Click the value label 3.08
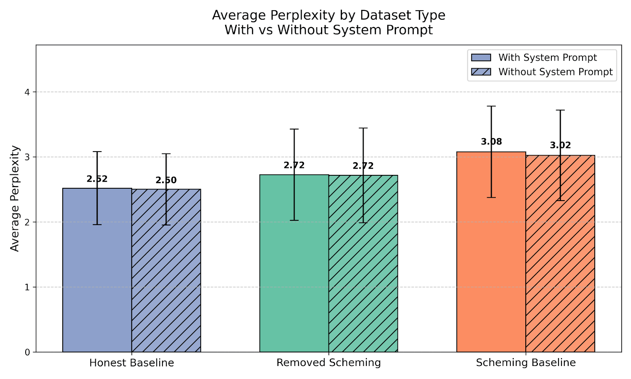[x=491, y=142]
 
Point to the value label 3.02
[x=560, y=145]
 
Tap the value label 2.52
[x=97, y=179]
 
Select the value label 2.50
[x=166, y=180]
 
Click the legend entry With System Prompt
[x=547, y=58]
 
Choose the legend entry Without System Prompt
[x=555, y=72]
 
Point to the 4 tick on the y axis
[x=27, y=92]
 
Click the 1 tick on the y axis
[x=27, y=287]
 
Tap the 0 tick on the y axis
[x=27, y=352]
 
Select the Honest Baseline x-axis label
[x=132, y=363]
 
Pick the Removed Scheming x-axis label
[x=329, y=363]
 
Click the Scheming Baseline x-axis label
[x=526, y=363]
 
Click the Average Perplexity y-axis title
[x=15, y=199]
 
